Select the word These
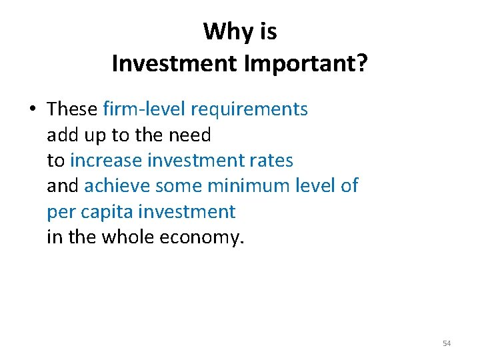(x=73, y=109)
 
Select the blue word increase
(x=105, y=161)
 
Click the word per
(x=60, y=213)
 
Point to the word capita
(x=105, y=213)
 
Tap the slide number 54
(x=447, y=343)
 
